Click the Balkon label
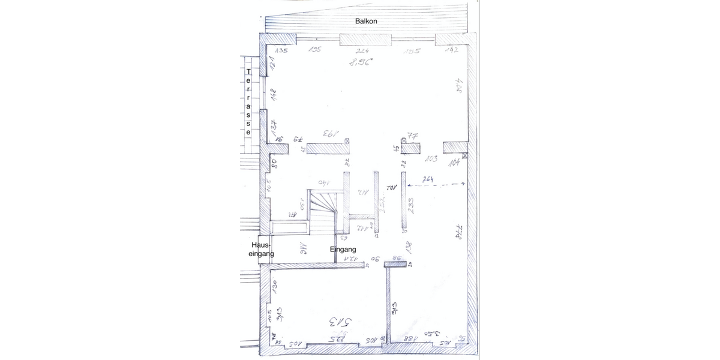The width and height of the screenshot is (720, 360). pyautogui.click(x=365, y=20)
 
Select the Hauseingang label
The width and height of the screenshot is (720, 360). pyautogui.click(x=262, y=250)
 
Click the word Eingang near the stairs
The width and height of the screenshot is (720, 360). pyautogui.click(x=343, y=249)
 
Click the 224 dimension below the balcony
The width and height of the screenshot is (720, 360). pyautogui.click(x=362, y=51)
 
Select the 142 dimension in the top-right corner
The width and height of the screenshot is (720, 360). pyautogui.click(x=451, y=51)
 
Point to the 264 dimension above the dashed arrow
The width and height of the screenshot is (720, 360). pyautogui.click(x=428, y=179)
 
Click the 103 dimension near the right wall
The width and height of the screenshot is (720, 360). pyautogui.click(x=430, y=160)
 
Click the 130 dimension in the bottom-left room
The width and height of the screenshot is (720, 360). pyautogui.click(x=275, y=286)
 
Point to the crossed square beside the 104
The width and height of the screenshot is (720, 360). pyautogui.click(x=466, y=157)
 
